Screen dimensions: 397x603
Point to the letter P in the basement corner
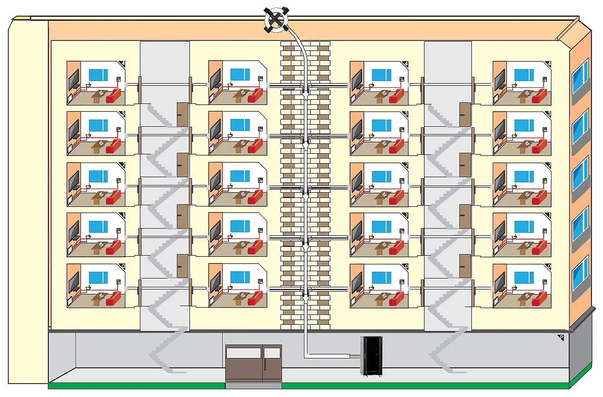tap(561, 338)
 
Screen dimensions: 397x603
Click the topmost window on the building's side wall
tap(580, 76)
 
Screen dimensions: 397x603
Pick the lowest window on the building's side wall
tap(580, 273)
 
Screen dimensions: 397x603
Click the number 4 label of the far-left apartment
tap(122, 64)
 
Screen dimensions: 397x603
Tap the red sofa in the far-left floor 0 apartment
tap(113, 298)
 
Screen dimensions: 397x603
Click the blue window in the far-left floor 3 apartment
tap(98, 125)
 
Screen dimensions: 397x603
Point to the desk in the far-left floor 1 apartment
tap(98, 246)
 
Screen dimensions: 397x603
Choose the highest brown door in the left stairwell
tap(183, 113)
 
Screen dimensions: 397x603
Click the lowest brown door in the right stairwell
tap(465, 266)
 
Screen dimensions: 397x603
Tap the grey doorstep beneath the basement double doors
tap(253, 386)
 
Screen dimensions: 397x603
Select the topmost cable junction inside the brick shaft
tap(305, 88)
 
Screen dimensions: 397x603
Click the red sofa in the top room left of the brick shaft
tap(255, 95)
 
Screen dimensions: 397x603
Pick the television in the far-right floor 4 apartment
tap(499, 80)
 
